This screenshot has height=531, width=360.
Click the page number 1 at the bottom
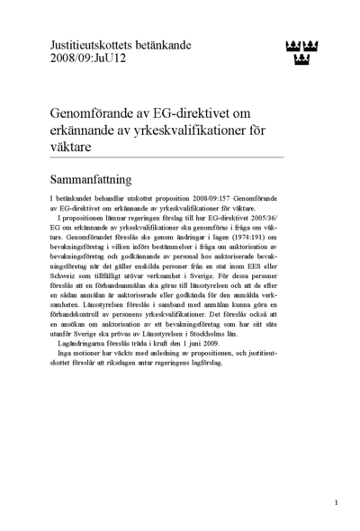[336, 502]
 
